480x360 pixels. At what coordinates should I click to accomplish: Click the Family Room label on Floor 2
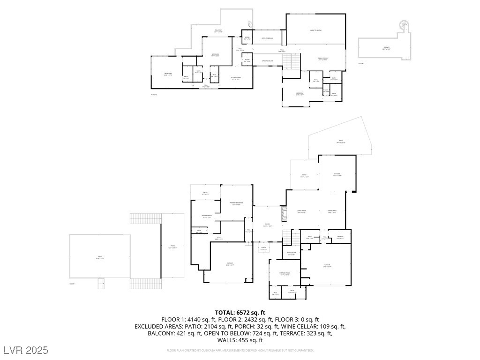coord(323,58)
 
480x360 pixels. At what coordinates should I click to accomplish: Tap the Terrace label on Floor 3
coord(386,47)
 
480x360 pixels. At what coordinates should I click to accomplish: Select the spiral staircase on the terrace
coord(403,24)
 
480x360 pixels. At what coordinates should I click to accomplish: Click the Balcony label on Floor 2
coord(218,30)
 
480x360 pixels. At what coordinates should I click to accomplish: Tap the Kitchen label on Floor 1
coord(337,174)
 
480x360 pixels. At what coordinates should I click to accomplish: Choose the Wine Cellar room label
coord(292,253)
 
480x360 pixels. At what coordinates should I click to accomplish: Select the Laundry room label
coord(340,237)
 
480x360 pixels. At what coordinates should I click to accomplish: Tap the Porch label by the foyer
coord(263,248)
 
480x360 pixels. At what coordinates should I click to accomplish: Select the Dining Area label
coord(332,211)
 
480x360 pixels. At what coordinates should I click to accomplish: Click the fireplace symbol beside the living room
coord(284,214)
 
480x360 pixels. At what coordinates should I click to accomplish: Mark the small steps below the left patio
coord(100,284)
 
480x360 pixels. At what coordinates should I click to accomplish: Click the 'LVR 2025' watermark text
coord(25,350)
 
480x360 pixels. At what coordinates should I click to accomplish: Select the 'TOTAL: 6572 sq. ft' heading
coord(240,313)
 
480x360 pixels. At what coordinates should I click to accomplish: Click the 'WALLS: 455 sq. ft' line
coord(240,340)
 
